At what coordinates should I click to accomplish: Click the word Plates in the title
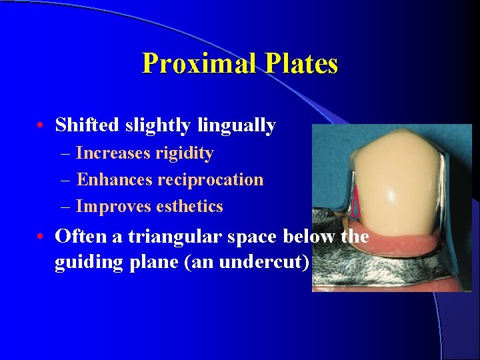301,64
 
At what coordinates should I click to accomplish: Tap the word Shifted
89,125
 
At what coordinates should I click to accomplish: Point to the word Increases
113,153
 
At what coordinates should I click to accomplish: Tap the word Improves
113,207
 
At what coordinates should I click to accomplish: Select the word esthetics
189,207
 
